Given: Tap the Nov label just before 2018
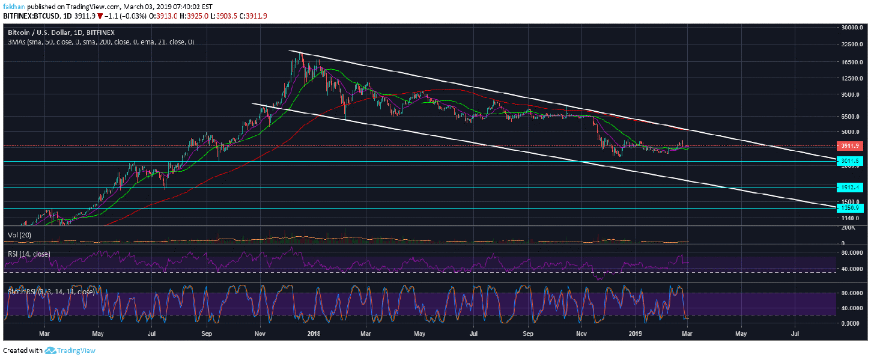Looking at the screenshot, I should [259, 332].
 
